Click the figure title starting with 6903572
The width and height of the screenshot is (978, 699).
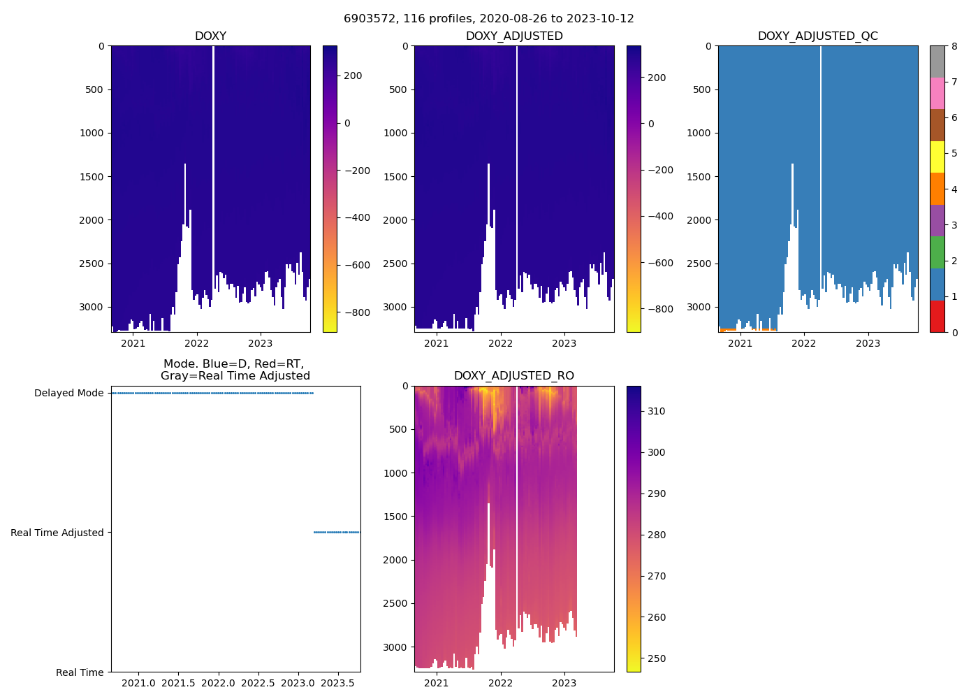click(488, 19)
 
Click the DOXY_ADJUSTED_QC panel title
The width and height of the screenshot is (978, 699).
click(817, 36)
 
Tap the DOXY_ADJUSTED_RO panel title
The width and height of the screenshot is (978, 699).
click(513, 376)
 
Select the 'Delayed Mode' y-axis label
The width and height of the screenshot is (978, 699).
click(68, 393)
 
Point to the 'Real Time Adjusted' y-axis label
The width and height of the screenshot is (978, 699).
click(57, 533)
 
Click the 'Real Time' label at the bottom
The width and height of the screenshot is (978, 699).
click(80, 672)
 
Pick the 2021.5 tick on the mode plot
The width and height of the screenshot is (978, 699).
click(178, 683)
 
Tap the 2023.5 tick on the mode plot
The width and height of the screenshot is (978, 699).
click(337, 683)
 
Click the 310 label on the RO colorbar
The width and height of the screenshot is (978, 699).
click(656, 411)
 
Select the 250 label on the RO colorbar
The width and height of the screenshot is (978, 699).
click(656, 658)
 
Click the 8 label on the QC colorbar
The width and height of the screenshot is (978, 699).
click(954, 47)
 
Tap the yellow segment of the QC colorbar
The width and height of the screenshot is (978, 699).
click(937, 157)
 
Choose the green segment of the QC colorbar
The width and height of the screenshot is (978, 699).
click(937, 252)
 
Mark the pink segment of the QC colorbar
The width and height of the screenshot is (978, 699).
click(937, 94)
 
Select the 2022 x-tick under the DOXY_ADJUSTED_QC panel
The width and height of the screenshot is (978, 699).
click(804, 343)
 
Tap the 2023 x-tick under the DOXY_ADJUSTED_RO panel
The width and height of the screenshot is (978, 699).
click(564, 683)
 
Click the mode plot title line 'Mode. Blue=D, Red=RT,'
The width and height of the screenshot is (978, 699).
click(233, 364)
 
